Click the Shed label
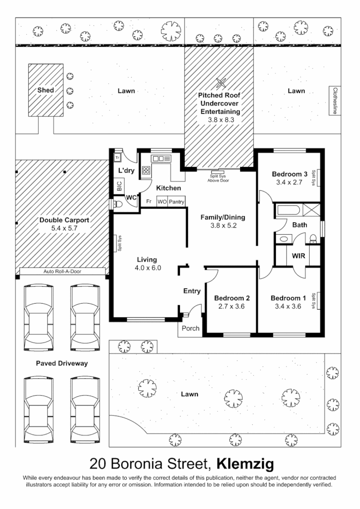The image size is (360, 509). (x=45, y=90)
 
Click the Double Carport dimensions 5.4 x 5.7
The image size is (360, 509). (x=64, y=228)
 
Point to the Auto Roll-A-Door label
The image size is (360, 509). (x=63, y=272)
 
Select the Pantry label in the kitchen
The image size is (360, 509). (x=177, y=202)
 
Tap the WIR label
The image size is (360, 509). (x=299, y=255)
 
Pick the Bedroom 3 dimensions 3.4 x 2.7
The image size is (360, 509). (x=289, y=182)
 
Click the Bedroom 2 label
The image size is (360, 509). (x=232, y=298)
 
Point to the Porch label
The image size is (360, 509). (x=190, y=329)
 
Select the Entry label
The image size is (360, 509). (x=191, y=291)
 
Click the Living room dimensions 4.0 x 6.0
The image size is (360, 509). (x=148, y=268)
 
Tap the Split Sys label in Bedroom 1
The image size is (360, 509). (x=314, y=301)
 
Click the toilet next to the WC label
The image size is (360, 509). (x=117, y=204)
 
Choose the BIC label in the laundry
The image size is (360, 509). (x=119, y=186)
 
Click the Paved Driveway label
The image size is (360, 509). (x=62, y=363)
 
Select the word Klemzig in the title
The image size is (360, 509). (x=246, y=464)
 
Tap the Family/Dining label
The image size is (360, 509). (x=223, y=217)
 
